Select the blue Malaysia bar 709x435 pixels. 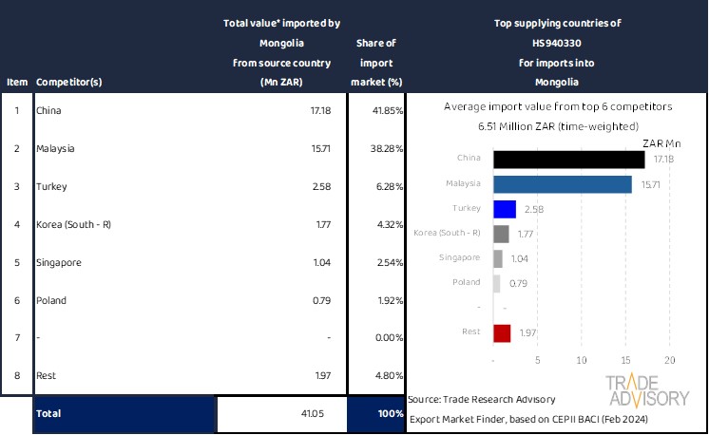coord(563,184)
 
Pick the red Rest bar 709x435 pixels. coord(502,332)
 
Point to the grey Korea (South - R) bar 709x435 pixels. coord(501,234)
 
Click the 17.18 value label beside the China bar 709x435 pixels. coord(663,159)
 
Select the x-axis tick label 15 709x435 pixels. coord(625,361)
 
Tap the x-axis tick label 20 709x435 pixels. coord(669,361)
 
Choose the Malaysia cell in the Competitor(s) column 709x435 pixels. coord(55,148)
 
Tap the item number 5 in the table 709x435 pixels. coord(16,262)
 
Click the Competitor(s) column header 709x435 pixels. coord(68,82)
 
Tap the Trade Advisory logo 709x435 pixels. coord(647,390)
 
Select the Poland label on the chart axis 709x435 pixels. coord(465,282)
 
